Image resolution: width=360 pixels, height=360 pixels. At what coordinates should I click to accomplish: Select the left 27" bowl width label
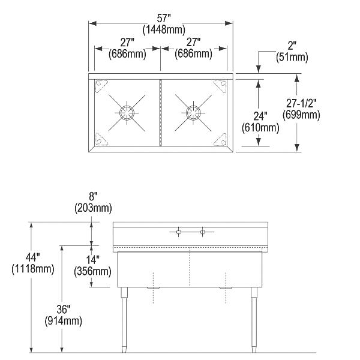pos(127,43)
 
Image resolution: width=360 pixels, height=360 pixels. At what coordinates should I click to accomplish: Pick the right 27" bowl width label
pos(193,43)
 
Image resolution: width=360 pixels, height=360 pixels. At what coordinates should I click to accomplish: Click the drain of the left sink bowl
pos(126,112)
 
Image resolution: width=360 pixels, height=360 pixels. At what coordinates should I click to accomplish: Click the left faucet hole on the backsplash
pos(178,232)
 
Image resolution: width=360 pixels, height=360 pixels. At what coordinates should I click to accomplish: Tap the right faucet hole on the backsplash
pos(203,232)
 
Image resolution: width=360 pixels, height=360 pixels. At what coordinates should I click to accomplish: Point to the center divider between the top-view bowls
pos(160,112)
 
